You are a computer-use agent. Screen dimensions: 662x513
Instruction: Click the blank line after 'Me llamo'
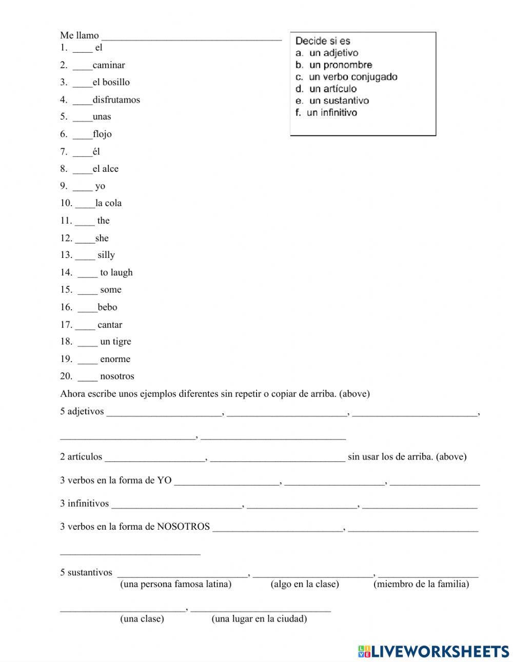coord(191,37)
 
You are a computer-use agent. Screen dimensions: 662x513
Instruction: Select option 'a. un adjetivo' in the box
coord(327,53)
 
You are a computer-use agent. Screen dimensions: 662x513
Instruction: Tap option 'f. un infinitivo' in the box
coord(326,112)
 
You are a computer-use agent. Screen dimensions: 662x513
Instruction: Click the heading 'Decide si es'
coord(323,41)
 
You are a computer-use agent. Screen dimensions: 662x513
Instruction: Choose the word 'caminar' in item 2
coord(109,65)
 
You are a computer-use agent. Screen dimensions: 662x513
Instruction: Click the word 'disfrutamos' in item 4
coord(116,99)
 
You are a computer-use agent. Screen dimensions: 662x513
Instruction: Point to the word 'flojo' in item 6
coord(102,134)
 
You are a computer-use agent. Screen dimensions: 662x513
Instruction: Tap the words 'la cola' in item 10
coord(108,203)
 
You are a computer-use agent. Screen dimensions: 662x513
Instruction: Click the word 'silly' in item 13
coord(106,255)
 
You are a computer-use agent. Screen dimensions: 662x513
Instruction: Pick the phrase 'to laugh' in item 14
coord(116,272)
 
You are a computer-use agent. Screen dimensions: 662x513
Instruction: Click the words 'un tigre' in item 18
coord(115,342)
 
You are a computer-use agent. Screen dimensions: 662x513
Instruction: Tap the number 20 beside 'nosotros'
coord(66,376)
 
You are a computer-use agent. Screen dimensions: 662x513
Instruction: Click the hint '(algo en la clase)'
coord(305,584)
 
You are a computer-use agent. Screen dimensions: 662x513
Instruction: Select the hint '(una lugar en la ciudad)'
coord(259,618)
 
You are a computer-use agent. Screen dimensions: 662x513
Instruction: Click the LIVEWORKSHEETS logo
coord(433,651)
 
